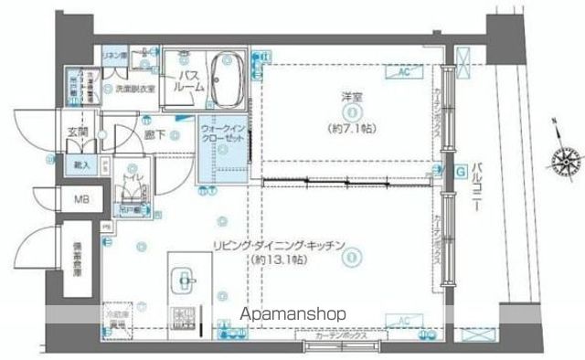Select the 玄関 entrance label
[76, 132]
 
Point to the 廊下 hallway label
[154, 135]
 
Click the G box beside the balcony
[461, 169]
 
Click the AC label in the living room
[402, 320]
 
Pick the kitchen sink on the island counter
[182, 280]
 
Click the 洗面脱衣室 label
[134, 89]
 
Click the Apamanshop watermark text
[292, 314]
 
